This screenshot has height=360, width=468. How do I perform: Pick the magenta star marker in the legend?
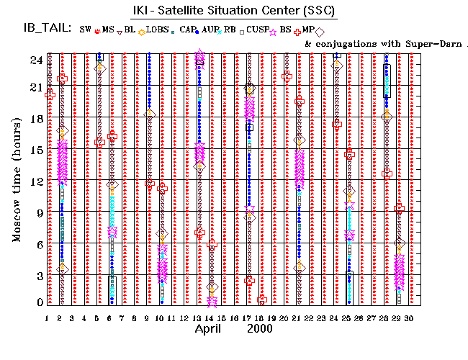click(x=272, y=31)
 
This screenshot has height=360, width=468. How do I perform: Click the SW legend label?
click(x=86, y=30)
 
